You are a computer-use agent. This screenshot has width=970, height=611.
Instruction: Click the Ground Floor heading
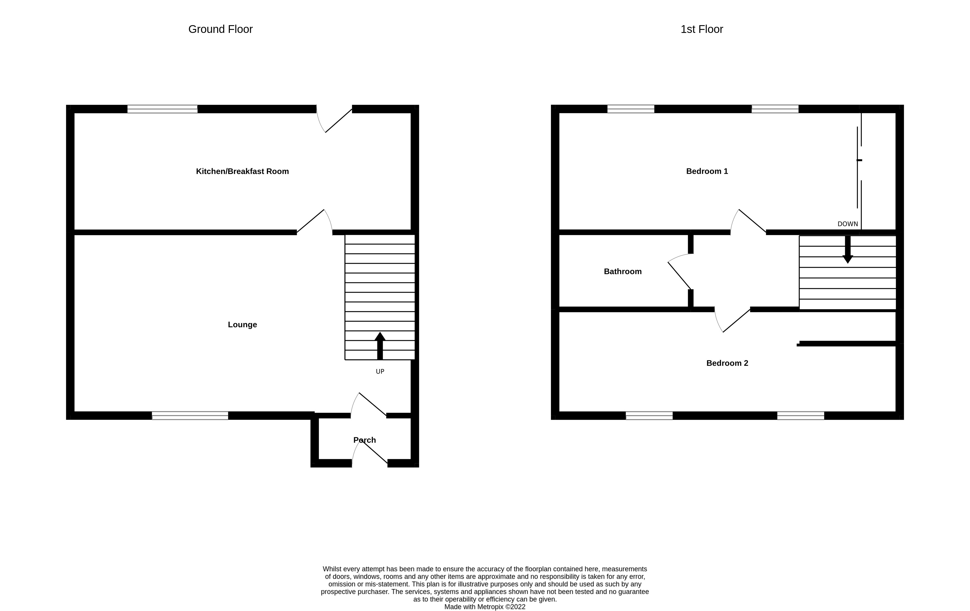[x=220, y=29]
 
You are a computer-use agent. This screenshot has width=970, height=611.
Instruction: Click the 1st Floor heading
[x=701, y=29]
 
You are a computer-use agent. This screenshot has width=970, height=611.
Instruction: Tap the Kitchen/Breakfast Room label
[x=242, y=171]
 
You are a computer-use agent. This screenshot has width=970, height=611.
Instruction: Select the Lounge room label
[x=242, y=325]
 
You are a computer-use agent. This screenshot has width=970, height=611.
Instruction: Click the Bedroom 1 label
[x=707, y=171]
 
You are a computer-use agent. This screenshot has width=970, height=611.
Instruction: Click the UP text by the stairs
[x=380, y=372]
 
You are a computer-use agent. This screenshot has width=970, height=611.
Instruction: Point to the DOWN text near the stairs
[x=847, y=224]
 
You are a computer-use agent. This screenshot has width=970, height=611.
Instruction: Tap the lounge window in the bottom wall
[x=190, y=416]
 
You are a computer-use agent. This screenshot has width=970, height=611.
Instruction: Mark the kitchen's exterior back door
[x=334, y=119]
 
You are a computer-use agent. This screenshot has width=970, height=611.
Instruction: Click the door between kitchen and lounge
[x=314, y=222]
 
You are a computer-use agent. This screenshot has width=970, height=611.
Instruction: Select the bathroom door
[x=680, y=272]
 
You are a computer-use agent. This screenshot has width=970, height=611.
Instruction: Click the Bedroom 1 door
[x=748, y=222]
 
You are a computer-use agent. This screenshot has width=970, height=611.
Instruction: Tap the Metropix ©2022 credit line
[x=485, y=607]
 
